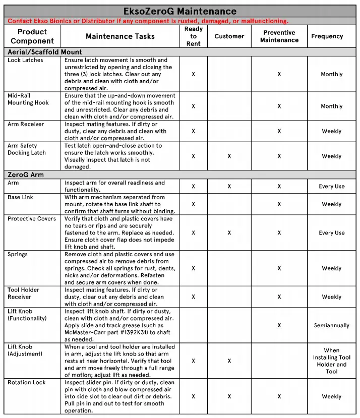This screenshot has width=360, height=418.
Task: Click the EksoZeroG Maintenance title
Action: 180,11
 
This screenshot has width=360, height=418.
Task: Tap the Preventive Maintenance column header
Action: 279,36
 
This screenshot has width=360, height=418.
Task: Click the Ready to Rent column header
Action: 194,36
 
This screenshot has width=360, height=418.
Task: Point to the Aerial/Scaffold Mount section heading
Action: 45,52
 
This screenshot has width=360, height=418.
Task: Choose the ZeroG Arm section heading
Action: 26,175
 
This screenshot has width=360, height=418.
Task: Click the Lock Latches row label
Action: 26,60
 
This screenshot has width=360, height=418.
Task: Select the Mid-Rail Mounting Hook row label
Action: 28,99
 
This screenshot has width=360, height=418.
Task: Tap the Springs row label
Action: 18,254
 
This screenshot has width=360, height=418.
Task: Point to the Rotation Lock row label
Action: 27,382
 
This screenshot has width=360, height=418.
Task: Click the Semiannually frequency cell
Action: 331,326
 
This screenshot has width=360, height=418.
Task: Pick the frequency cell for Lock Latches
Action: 331,74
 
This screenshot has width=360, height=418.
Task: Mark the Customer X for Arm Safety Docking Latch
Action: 229,156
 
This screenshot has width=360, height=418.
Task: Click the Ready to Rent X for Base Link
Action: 194,204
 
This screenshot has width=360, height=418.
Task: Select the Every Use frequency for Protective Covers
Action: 331,233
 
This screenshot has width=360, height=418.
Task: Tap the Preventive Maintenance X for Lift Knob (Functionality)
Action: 279,326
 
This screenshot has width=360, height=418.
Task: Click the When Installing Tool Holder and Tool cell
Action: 331,361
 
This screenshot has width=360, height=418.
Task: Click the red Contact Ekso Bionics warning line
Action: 148,21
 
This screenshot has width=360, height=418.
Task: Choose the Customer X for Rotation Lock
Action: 229,396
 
